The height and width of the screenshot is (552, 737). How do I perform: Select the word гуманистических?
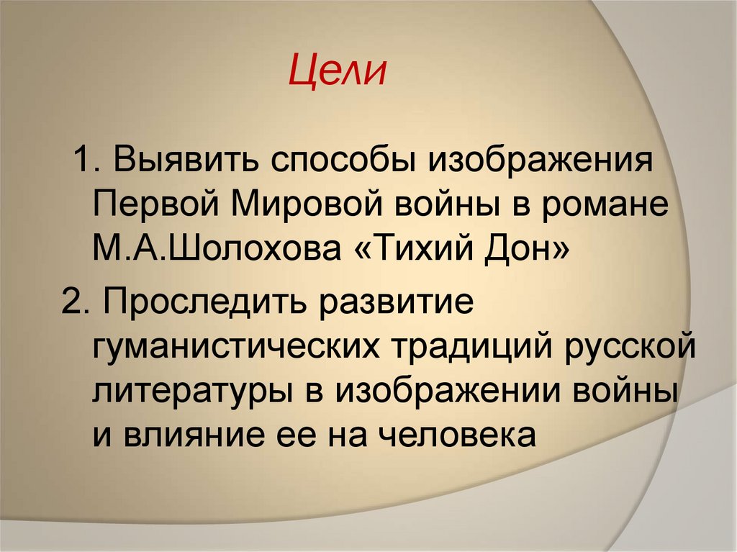(x=235, y=348)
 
